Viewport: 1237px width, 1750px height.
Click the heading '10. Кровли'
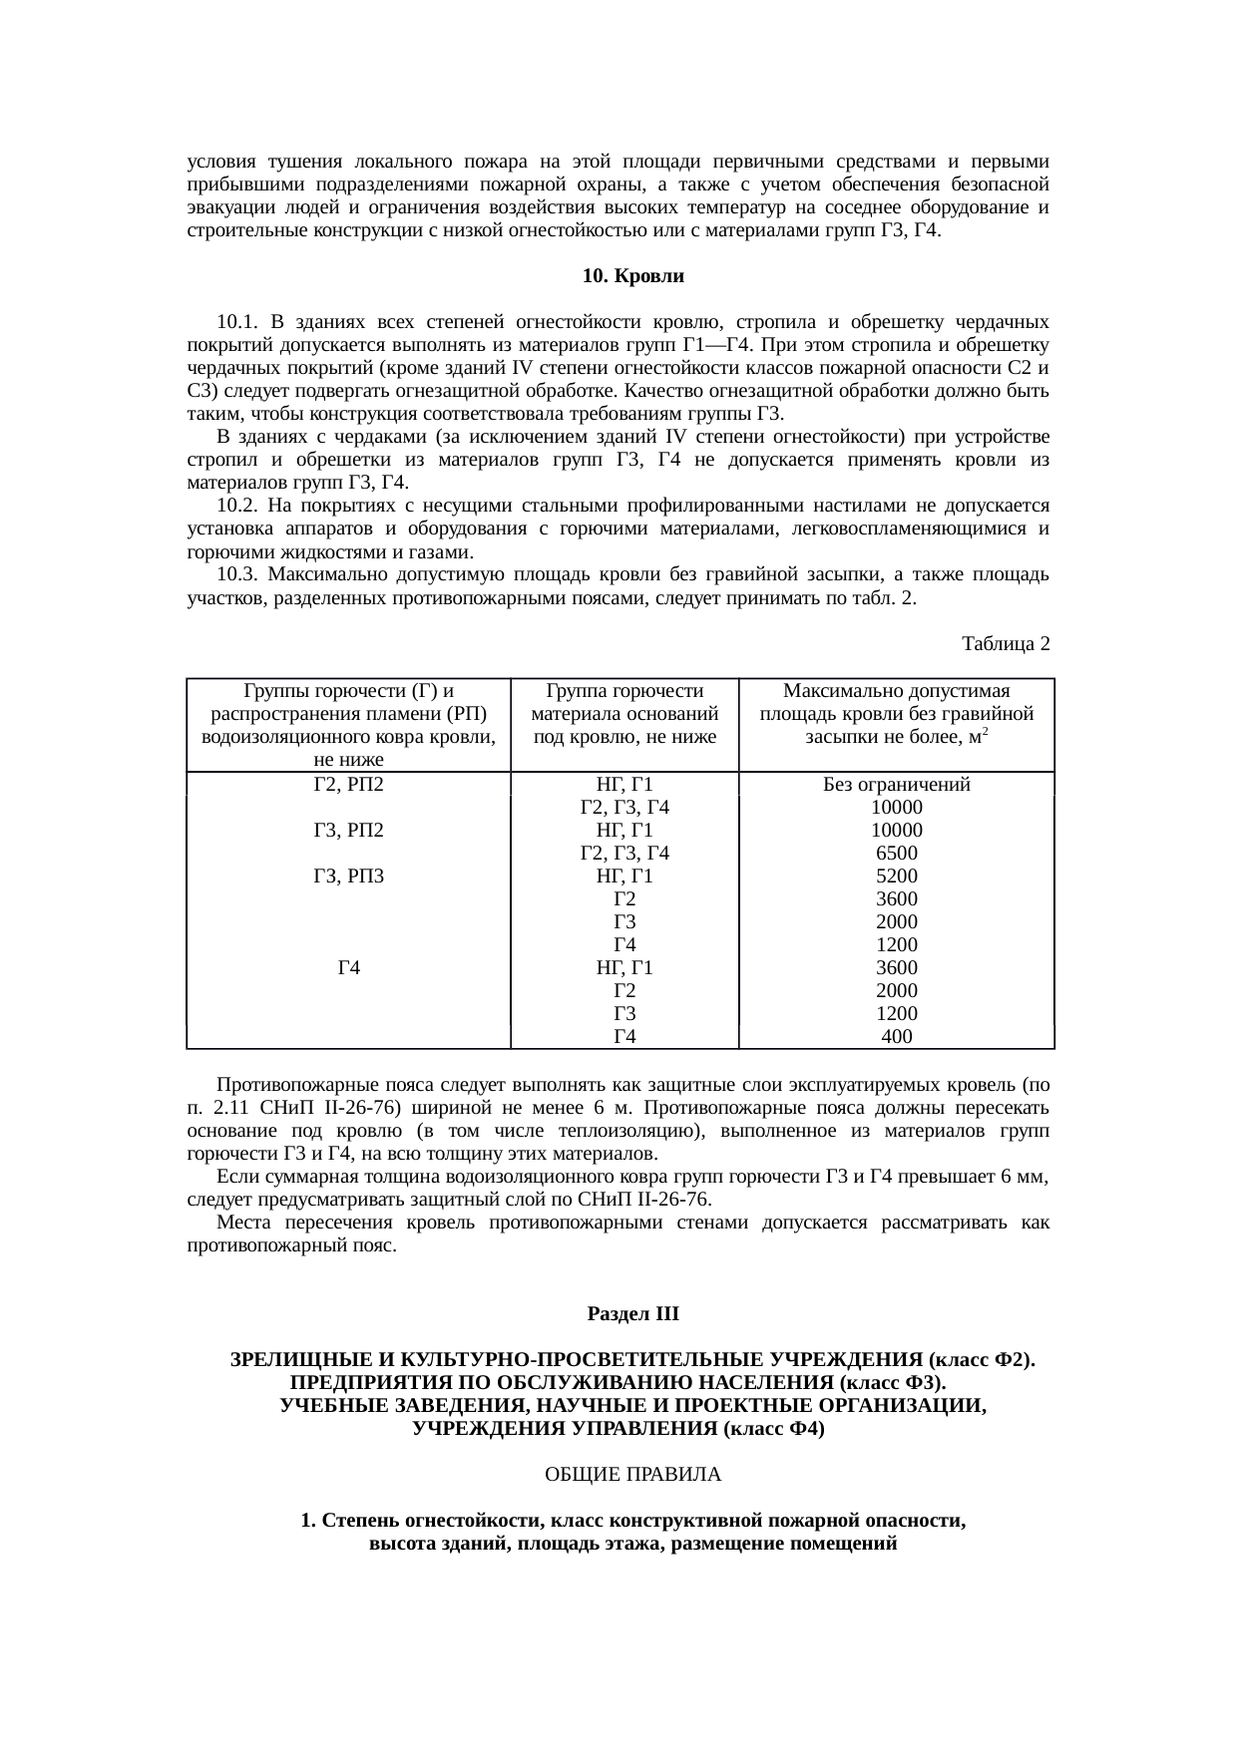pyautogui.click(x=633, y=276)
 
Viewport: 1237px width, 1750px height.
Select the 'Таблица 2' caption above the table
pyautogui.click(x=1005, y=644)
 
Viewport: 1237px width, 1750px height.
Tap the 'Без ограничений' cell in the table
pyautogui.click(x=896, y=785)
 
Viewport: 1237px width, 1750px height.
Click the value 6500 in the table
pyautogui.click(x=896, y=854)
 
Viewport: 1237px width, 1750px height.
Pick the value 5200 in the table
pyautogui.click(x=896, y=876)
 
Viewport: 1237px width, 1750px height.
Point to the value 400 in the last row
pyautogui.click(x=896, y=1037)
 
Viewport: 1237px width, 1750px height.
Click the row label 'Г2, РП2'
pyautogui.click(x=348, y=784)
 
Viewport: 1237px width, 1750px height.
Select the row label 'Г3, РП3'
pyautogui.click(x=348, y=876)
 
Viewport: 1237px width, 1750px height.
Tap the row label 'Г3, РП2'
pyautogui.click(x=348, y=831)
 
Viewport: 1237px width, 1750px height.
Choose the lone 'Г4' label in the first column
pyautogui.click(x=348, y=967)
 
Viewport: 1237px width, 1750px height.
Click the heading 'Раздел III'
pyautogui.click(x=633, y=1314)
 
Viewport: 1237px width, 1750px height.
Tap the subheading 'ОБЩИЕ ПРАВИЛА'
pyautogui.click(x=633, y=1474)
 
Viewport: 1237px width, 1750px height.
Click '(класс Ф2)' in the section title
pyautogui.click(x=981, y=1360)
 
